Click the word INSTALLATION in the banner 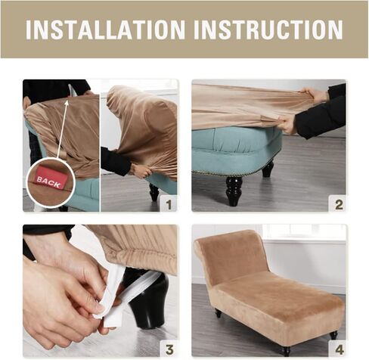[105, 29]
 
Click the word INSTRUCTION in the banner [268, 29]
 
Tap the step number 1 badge [169, 204]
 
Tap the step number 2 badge [339, 204]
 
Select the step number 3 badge [169, 349]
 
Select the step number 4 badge [339, 349]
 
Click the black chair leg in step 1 [153, 192]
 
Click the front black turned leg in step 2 [233, 191]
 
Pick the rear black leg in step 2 [268, 169]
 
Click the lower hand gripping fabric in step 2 [285, 124]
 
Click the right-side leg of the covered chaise [333, 335]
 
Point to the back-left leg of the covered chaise [219, 313]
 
